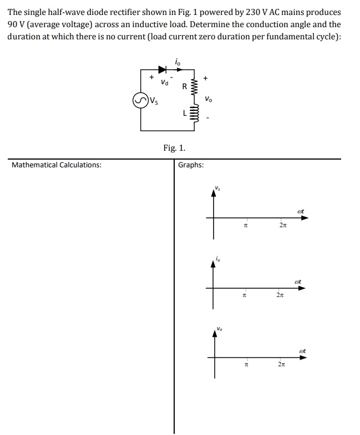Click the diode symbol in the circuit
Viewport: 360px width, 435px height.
(163, 70)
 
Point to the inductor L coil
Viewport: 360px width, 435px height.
(194, 115)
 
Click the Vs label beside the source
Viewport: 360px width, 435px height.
(153, 101)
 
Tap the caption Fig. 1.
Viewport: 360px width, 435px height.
(175, 148)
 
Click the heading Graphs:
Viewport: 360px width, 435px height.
(191, 165)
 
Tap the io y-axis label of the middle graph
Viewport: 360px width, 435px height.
(218, 258)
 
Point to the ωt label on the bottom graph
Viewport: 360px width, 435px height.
(302, 350)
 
